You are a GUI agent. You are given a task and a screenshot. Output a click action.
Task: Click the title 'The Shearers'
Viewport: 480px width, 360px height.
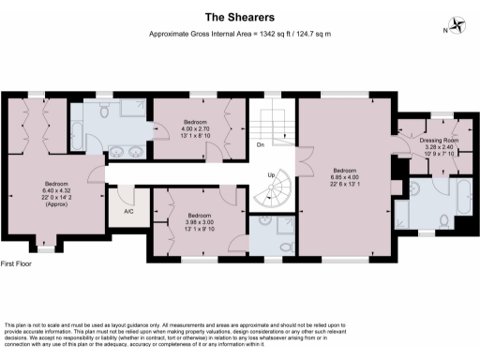point(239,16)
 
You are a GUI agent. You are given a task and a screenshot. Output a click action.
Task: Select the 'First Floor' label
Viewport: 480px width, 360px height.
point(18,265)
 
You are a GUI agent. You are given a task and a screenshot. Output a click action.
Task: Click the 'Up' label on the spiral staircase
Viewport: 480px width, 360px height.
point(273,176)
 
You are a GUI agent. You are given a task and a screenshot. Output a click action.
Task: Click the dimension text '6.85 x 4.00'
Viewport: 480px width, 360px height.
point(344,177)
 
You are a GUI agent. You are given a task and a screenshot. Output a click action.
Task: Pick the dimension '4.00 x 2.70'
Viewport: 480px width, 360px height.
point(195,128)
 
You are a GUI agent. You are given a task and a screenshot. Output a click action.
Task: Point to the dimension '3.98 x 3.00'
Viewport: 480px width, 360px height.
point(194,220)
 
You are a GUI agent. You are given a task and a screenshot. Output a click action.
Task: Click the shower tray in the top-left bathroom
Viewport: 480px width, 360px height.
point(132,117)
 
